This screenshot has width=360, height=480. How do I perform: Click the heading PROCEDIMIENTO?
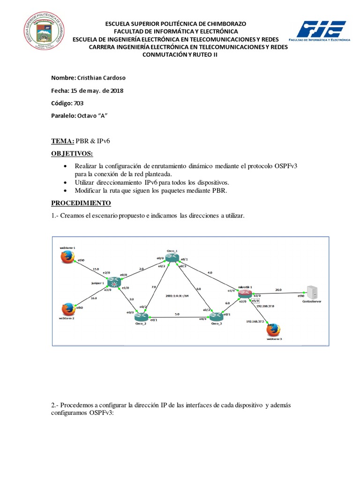coord(81,203)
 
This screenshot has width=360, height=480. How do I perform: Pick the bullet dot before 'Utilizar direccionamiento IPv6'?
coord(65,182)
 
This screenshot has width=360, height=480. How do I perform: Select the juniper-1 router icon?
coord(114,282)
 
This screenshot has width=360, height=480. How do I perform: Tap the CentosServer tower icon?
coord(310,292)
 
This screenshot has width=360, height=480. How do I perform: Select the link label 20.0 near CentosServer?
coord(278,290)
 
